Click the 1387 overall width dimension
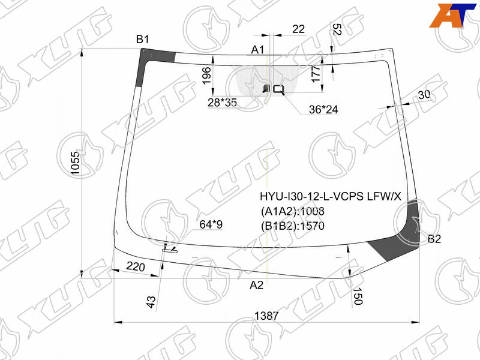point(266,316)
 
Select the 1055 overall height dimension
point(76,163)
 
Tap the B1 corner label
point(142,40)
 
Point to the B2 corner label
point(434,239)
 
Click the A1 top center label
point(257,50)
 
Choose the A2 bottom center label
point(257,286)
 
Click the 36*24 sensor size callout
point(323,109)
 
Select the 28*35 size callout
point(222,103)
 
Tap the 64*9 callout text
point(211,224)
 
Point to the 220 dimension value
point(136,267)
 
